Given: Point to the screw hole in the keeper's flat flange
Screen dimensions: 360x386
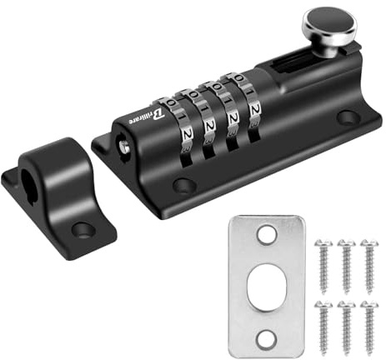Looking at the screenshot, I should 81,227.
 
